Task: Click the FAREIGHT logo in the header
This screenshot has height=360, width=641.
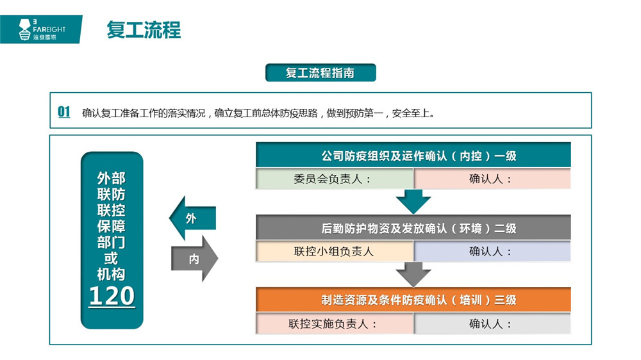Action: click(x=41, y=29)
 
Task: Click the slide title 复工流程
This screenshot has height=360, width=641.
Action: click(x=144, y=30)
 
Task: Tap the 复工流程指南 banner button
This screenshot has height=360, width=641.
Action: click(x=320, y=73)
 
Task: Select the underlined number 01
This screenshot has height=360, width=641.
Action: click(x=63, y=111)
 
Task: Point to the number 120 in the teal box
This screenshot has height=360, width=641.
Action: click(x=112, y=296)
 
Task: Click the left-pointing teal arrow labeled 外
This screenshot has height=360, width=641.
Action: click(x=192, y=218)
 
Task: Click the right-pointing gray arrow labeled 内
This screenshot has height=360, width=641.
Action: click(x=195, y=259)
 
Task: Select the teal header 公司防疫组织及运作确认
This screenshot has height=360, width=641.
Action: click(x=413, y=155)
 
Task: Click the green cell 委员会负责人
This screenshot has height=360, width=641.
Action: click(x=335, y=179)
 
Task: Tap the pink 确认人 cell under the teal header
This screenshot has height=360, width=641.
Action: click(x=492, y=179)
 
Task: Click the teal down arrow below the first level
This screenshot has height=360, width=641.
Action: click(x=413, y=201)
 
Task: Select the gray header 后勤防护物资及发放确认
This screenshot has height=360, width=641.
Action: click(x=413, y=227)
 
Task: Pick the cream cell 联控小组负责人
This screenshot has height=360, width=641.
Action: click(x=335, y=251)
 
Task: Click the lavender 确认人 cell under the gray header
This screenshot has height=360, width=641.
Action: click(x=492, y=251)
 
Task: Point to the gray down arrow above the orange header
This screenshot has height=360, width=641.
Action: click(x=413, y=274)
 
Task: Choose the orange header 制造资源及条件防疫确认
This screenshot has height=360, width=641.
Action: click(x=413, y=300)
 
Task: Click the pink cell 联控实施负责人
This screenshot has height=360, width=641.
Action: click(x=335, y=323)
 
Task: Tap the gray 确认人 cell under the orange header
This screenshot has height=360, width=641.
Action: click(x=492, y=323)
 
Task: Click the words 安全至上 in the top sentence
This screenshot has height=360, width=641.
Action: click(x=410, y=113)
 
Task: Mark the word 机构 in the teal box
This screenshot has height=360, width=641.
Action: click(x=111, y=274)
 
